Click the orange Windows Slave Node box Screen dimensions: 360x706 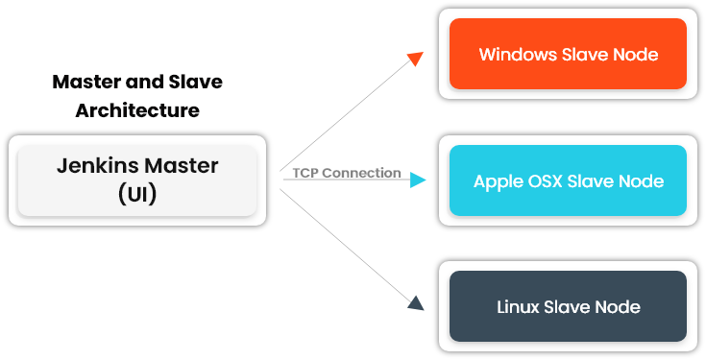pyautogui.click(x=568, y=54)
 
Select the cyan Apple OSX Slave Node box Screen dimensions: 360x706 pyautogui.click(x=568, y=180)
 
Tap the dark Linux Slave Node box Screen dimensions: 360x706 pyautogui.click(x=568, y=307)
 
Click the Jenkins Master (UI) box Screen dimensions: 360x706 pyautogui.click(x=137, y=180)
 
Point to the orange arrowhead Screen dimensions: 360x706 pyautogui.click(x=415, y=60)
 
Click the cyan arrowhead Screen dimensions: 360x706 pyautogui.click(x=418, y=180)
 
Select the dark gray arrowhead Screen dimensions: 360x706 pyautogui.click(x=415, y=303)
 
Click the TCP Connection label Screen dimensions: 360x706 pyautogui.click(x=347, y=173)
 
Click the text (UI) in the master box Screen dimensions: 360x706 pyautogui.click(x=137, y=194)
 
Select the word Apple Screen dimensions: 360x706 pyautogui.click(x=497, y=180)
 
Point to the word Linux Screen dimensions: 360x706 pyautogui.click(x=519, y=307)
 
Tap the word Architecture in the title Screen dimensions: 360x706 pyautogui.click(x=137, y=110)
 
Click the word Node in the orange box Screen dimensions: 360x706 pyautogui.click(x=636, y=54)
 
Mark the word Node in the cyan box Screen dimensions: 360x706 pyautogui.click(x=641, y=180)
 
